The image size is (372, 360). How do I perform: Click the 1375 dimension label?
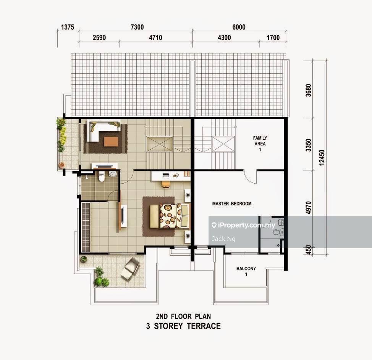[x=67, y=27]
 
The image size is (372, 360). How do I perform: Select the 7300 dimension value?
[x=137, y=27]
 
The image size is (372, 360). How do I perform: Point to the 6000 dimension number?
[x=238, y=27]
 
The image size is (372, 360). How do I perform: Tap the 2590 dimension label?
[x=99, y=37]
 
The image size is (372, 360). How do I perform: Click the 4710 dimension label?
[x=155, y=37]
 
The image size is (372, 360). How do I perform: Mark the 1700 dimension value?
[x=273, y=37]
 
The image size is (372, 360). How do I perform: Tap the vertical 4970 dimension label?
[x=309, y=208]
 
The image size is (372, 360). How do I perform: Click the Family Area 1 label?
[x=260, y=141]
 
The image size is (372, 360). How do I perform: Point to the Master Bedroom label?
[x=232, y=204]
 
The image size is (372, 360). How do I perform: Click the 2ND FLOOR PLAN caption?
[x=183, y=316]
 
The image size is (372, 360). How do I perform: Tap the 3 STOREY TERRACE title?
[x=183, y=326]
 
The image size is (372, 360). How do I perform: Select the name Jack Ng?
[x=223, y=239]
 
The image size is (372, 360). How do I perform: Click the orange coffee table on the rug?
[x=111, y=142]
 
